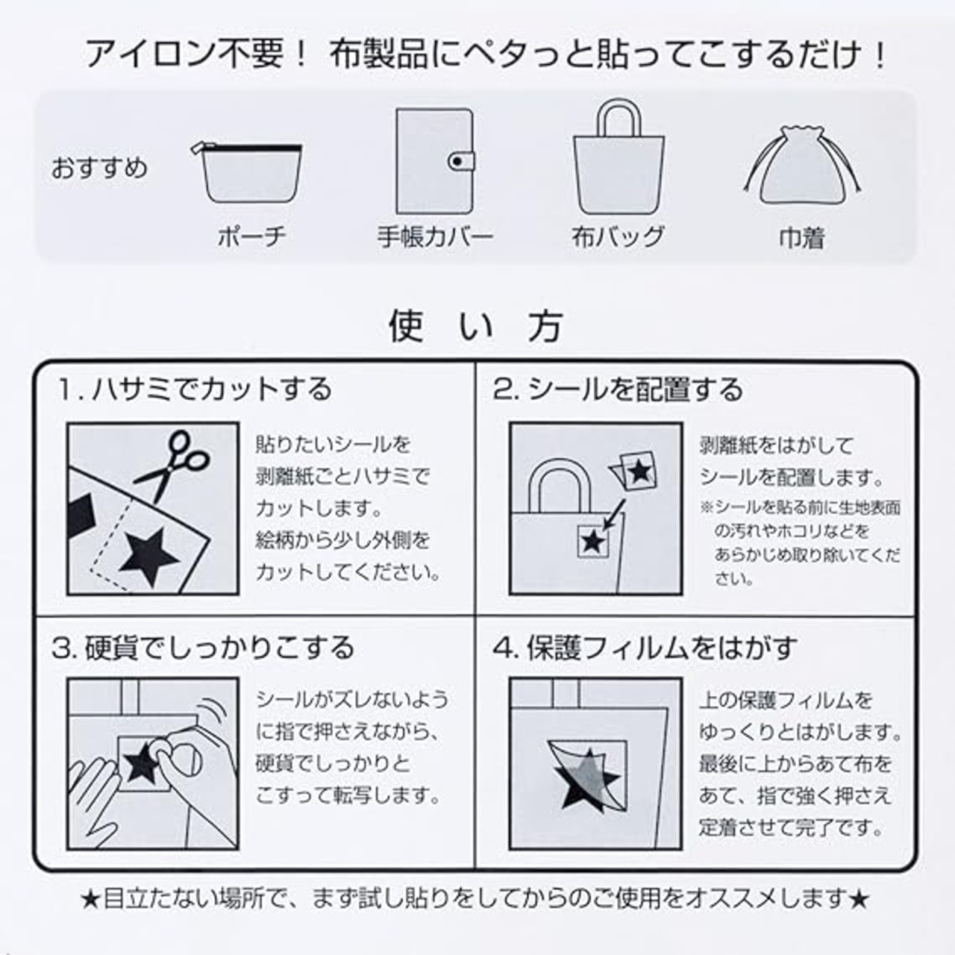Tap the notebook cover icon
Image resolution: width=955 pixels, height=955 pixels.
[x=435, y=162]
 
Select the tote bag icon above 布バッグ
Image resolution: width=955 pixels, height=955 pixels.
[x=618, y=157]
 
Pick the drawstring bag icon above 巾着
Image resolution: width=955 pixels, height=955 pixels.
[x=802, y=166]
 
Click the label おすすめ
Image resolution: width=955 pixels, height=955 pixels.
[x=99, y=168]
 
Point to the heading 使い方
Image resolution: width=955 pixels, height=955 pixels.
[x=476, y=326]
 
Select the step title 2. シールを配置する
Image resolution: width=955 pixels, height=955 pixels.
[x=618, y=389]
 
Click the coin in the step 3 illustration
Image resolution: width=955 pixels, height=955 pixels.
[x=184, y=760]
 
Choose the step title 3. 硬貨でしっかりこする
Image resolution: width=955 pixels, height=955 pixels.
[x=203, y=648]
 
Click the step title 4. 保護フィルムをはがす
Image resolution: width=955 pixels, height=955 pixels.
[x=645, y=648]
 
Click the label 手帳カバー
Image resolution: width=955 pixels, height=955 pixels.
[x=435, y=237]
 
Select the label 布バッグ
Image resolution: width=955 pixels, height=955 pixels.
[x=618, y=237]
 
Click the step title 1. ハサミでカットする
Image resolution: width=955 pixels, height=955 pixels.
[x=193, y=389]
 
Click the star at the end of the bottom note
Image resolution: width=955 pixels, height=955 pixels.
[x=859, y=898]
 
